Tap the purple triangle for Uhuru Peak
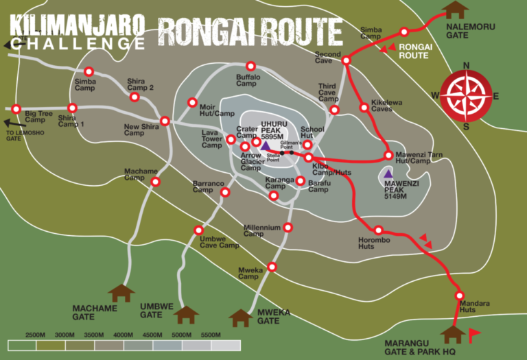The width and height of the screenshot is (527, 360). tap(265, 145)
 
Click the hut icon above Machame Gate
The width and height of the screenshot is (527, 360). tap(121, 293)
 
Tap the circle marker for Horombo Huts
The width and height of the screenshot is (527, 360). tap(378, 230)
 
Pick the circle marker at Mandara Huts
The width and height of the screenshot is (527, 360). tap(460, 296)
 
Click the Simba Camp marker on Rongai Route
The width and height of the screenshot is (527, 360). tap(404, 32)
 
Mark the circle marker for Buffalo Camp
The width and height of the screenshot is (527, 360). tap(250, 67)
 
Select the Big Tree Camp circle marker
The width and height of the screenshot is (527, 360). tap(16, 108)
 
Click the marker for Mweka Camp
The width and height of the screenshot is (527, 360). tap(272, 267)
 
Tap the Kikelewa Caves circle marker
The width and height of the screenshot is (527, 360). tap(364, 107)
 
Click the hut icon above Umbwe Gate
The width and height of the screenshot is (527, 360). tap(185, 315)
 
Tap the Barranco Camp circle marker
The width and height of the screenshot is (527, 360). tap(224, 193)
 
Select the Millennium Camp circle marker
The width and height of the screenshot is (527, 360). tap(288, 227)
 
